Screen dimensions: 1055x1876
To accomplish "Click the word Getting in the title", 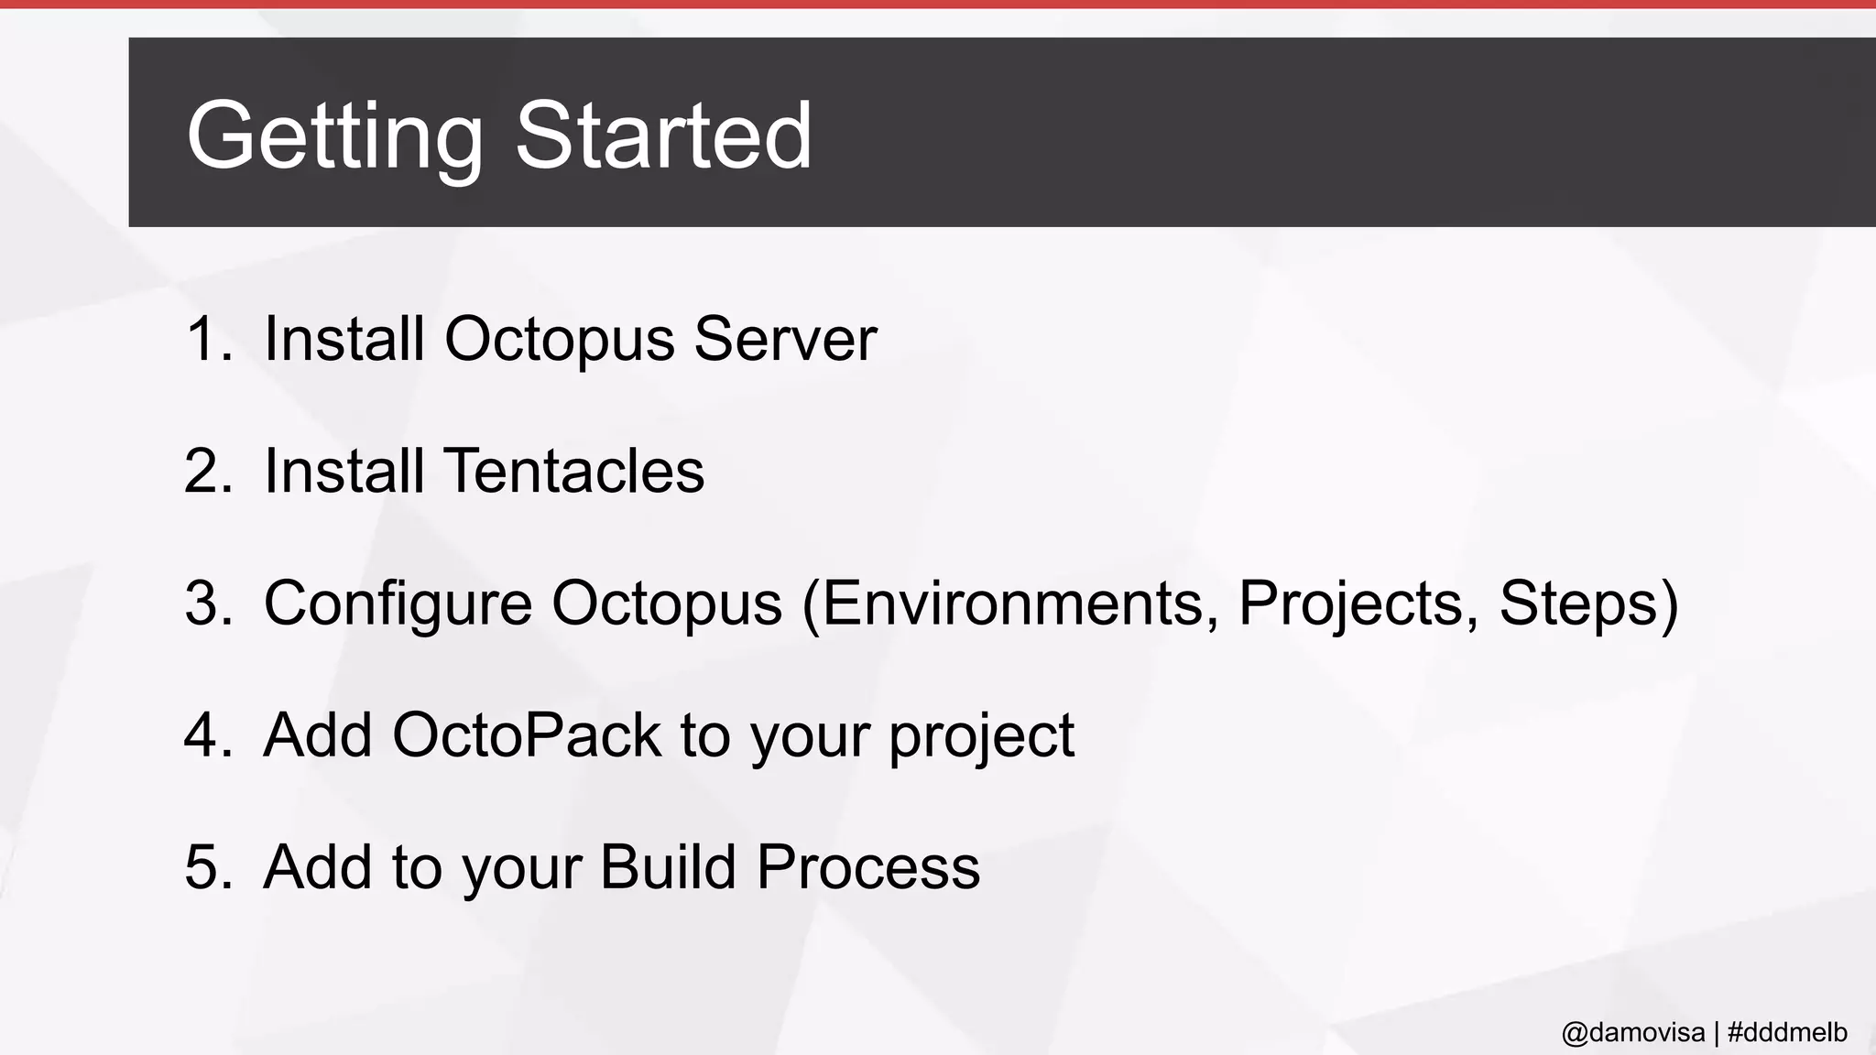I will pyautogui.click(x=334, y=137).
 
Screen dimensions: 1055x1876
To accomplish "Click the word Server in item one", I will pyautogui.click(x=785, y=339).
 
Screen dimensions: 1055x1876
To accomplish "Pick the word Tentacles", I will pyautogui.click(x=574, y=471).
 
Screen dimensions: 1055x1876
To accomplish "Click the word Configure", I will pyautogui.click(x=398, y=604).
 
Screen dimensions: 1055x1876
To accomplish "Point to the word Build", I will pyautogui.click(x=668, y=866).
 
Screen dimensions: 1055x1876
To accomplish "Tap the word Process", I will pyautogui.click(x=867, y=866).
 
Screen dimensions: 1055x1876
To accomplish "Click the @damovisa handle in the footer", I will pyautogui.click(x=1632, y=1033).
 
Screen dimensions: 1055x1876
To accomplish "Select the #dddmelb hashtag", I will pyautogui.click(x=1787, y=1033).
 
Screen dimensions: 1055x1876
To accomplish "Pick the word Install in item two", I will pyautogui.click(x=344, y=471).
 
